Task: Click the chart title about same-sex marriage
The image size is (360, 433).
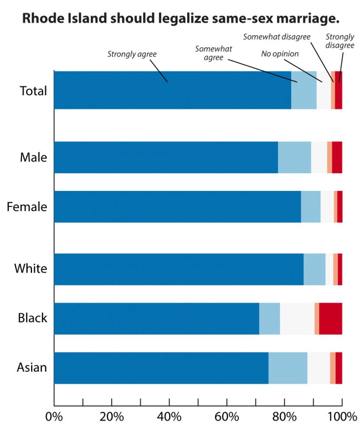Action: tap(180, 19)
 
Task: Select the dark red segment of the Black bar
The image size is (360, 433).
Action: tap(331, 319)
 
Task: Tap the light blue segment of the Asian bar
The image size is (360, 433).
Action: tap(288, 368)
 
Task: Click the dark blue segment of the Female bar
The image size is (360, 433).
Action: tap(177, 207)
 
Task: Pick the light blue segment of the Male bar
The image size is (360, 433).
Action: tap(294, 157)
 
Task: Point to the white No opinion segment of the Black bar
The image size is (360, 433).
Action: tap(297, 319)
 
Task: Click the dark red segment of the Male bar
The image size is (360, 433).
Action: tap(337, 157)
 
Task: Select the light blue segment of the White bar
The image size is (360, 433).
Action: tap(315, 269)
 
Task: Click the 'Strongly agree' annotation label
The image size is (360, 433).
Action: tap(132, 54)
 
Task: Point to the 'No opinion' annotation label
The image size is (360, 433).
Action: tap(280, 54)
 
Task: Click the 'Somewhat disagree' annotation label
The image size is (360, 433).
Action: tap(276, 37)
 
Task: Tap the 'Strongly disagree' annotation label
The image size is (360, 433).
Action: tap(340, 41)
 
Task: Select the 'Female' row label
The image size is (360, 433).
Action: tap(27, 207)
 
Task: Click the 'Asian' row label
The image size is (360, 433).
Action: tap(32, 368)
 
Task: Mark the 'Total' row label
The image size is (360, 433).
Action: tap(33, 91)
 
